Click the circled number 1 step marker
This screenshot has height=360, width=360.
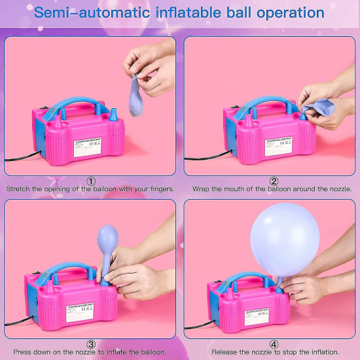click(x=90, y=181)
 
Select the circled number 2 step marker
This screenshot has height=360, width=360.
click(x=274, y=181)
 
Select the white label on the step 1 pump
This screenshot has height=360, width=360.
click(x=87, y=147)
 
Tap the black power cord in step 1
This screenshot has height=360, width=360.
click(x=20, y=157)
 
